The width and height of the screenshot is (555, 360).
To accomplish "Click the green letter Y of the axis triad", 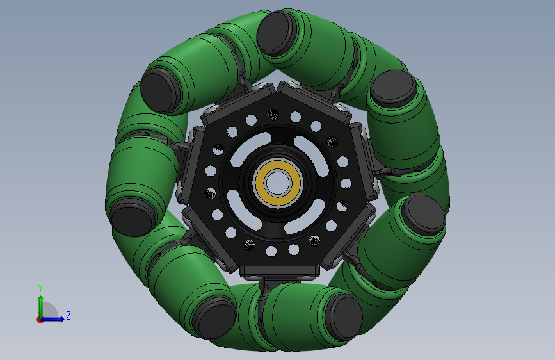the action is [40, 288].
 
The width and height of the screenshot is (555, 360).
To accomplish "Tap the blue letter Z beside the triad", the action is [68, 315].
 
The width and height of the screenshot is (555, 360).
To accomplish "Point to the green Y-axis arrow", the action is [41, 307].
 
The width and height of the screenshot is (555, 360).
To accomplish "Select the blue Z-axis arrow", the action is [52, 319].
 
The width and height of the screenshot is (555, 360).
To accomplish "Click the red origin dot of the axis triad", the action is [40, 320].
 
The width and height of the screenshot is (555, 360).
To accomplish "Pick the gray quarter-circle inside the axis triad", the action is [49, 311].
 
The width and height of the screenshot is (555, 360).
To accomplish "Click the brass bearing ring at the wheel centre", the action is [278, 183].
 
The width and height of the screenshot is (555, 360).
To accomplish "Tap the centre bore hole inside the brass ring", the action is [278, 183].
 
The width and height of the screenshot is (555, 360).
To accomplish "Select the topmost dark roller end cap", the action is [275, 33].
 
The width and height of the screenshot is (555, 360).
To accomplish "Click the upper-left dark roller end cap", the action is [160, 91].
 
